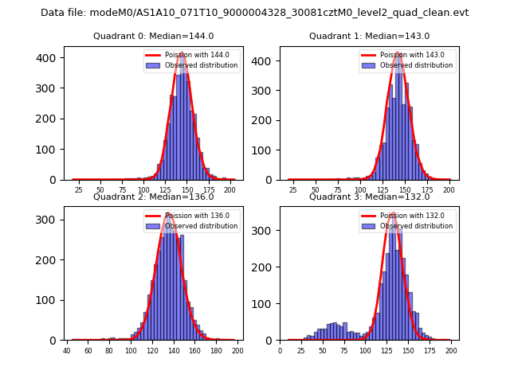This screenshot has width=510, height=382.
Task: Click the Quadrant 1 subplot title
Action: tap(369, 36)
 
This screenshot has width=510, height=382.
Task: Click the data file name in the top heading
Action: tap(254, 13)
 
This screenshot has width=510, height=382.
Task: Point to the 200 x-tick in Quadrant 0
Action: tap(229, 190)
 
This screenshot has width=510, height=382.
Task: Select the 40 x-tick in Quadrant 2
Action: tap(67, 350)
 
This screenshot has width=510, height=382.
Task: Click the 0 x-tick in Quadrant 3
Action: tap(280, 350)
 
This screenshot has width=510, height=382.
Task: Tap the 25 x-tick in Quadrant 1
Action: tap(293, 190)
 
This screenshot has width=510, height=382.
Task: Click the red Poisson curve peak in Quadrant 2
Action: tap(168, 212)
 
